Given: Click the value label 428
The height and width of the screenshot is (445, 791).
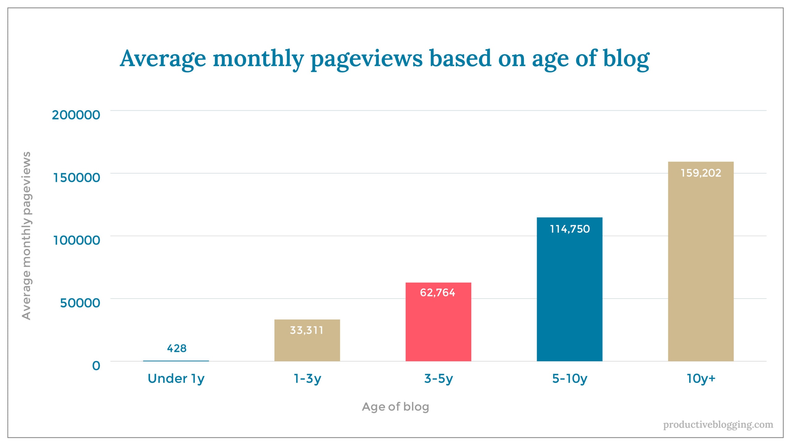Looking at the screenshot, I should pyautogui.click(x=176, y=349).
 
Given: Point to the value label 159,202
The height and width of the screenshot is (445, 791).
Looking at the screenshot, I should pyautogui.click(x=700, y=173).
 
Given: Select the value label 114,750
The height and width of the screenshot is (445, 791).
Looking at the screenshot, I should pyautogui.click(x=569, y=229).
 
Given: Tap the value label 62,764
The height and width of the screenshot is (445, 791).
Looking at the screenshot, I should pyautogui.click(x=437, y=293).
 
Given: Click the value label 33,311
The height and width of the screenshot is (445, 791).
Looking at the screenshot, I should pyautogui.click(x=307, y=330).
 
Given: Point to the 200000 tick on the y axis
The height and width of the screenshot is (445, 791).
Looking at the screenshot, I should pyautogui.click(x=76, y=115).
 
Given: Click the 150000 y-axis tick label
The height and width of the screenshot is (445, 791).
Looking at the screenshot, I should pyautogui.click(x=77, y=178).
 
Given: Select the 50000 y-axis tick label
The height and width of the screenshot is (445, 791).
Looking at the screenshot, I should pyautogui.click(x=80, y=303).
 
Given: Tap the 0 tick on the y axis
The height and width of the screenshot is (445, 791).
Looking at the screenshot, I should pyautogui.click(x=96, y=366).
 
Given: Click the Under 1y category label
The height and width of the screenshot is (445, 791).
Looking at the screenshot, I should pyautogui.click(x=176, y=379).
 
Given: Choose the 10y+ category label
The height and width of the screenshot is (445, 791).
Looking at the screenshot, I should pyautogui.click(x=701, y=379).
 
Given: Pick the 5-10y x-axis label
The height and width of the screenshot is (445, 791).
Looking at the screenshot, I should pyautogui.click(x=569, y=379).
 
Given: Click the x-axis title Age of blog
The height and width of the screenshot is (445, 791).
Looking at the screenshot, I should pyautogui.click(x=395, y=407).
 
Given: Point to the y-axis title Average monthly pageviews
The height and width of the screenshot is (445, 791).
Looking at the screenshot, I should pyautogui.click(x=27, y=235).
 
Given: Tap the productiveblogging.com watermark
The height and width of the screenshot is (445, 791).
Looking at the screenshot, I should pyautogui.click(x=718, y=425).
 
